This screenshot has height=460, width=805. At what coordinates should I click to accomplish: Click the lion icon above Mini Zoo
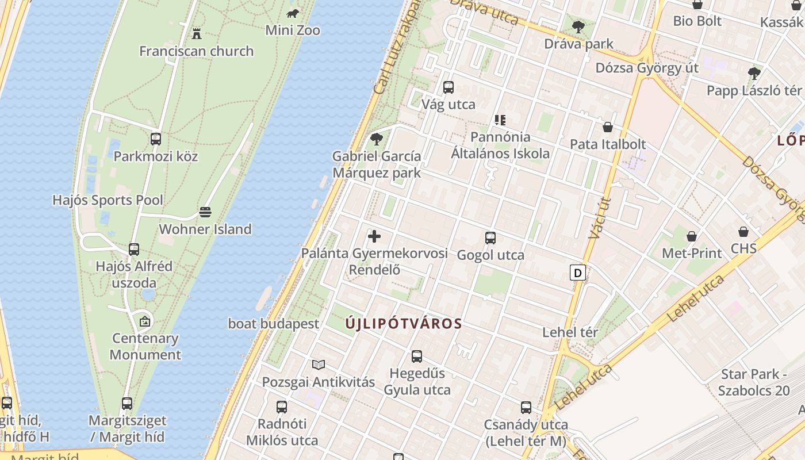pos(293,13)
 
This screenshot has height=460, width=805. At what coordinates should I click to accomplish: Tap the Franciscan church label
pos(196,51)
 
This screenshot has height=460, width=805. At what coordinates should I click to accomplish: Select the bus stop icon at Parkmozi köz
pos(156,139)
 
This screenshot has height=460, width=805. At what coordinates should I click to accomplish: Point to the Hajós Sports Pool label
pos(108,200)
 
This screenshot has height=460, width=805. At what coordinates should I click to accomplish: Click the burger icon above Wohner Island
pos(205,212)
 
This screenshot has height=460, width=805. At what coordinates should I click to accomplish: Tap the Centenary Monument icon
pos(145,321)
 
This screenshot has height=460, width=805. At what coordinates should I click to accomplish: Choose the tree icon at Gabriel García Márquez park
pos(377,139)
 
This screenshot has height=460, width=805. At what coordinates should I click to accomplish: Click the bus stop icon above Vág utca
pos(448,87)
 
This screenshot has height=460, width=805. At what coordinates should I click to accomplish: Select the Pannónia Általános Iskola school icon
pos(500,120)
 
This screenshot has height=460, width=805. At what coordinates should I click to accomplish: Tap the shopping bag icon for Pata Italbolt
pos(608,127)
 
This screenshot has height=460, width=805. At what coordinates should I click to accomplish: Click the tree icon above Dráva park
pos(578,26)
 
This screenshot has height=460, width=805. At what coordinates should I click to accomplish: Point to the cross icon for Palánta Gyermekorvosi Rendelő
pos(374,236)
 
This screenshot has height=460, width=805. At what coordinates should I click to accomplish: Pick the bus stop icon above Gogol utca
pos(490,238)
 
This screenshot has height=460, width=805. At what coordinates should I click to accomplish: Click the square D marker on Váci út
pos(578,272)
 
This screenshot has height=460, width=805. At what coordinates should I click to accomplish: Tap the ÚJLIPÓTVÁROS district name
pos(404,324)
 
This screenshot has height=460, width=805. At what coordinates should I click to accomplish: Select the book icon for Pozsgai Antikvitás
pos(319,365)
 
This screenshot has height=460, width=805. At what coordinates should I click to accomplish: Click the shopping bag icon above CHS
pos(743,232)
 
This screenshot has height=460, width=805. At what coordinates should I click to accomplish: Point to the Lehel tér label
pos(570,332)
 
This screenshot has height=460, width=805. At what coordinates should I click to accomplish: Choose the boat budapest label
pos(273,324)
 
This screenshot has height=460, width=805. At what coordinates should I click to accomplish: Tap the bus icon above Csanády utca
pos(526,408)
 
